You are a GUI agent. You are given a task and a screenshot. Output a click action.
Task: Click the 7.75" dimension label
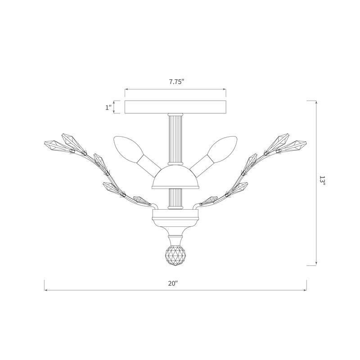(x=175, y=82)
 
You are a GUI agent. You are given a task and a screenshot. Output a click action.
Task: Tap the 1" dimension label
(x=108, y=107)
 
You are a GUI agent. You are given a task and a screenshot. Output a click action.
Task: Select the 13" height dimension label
(x=322, y=182)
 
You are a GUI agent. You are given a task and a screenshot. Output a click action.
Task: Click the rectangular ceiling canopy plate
(x=175, y=107)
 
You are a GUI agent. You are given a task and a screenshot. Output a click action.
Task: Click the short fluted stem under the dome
(x=175, y=198)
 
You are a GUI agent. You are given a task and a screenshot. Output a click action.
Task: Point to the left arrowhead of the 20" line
(x=45, y=290)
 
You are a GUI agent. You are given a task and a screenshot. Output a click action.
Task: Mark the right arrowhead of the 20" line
(x=305, y=290)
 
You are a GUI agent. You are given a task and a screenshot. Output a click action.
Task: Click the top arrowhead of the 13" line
(x=317, y=102)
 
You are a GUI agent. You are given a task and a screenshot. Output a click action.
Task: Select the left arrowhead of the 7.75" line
(x=126, y=90)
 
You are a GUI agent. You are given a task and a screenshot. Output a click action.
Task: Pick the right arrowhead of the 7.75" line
(x=225, y=90)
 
